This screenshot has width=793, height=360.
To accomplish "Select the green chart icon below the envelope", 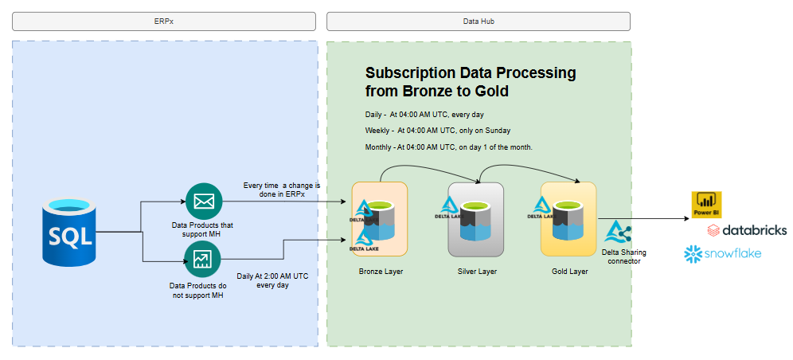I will click(202, 259).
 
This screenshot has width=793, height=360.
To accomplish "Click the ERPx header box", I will click(165, 21).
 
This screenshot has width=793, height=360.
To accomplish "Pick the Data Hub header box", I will click(479, 21).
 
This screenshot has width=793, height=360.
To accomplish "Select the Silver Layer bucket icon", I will click(476, 219).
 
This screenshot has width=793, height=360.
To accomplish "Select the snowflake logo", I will click(722, 254).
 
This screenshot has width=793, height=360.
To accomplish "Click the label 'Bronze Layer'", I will click(381, 272).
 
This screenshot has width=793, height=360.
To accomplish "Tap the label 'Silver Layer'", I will click(476, 272).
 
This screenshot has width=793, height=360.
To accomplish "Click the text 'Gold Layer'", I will click(569, 272).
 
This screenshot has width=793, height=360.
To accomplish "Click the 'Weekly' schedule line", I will click(438, 131).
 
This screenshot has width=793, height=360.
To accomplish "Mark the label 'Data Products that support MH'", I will click(202, 229).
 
